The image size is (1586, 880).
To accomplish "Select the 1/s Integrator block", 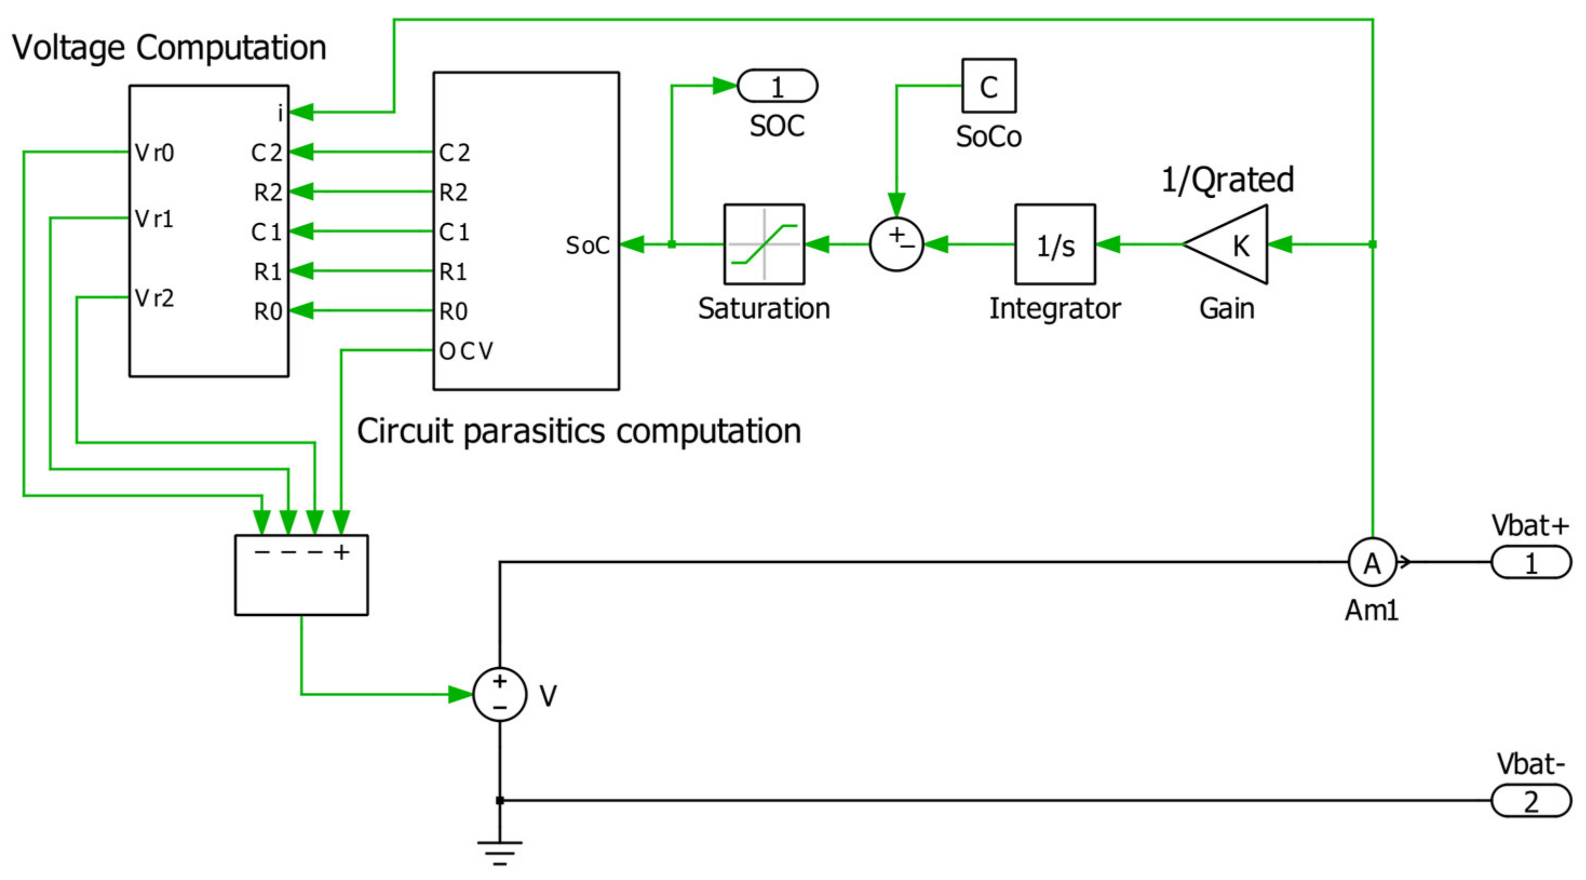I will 1055,245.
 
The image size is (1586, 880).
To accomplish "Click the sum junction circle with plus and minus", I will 896,245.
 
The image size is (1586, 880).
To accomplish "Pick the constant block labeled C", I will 989,85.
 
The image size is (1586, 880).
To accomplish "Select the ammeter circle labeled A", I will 1372,562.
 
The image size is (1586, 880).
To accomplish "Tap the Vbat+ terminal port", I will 1530,562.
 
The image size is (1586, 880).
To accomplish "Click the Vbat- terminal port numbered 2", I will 1530,801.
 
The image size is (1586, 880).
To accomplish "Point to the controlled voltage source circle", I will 500,694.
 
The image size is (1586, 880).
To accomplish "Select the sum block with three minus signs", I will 302,575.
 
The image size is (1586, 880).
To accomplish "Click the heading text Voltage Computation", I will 170,48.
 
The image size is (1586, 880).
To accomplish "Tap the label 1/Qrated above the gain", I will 1227,180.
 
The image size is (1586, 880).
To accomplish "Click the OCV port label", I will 466,351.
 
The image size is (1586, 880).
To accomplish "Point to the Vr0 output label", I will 154,153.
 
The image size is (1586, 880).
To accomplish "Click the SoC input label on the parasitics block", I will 588,245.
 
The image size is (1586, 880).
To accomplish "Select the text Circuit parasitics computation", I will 579,431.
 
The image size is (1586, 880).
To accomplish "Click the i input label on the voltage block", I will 280,113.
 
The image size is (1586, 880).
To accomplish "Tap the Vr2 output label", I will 154,299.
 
